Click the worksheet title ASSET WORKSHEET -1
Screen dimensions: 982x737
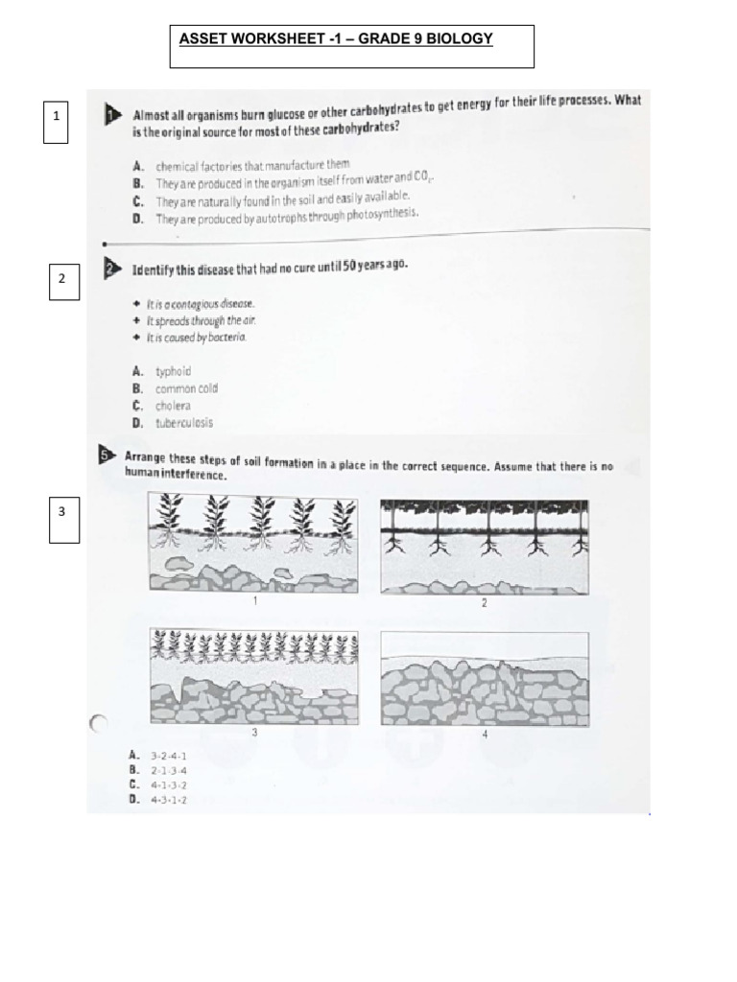click(336, 39)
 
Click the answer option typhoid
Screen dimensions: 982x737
click(173, 371)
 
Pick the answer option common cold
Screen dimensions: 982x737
click(186, 388)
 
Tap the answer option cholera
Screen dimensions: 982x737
click(173, 406)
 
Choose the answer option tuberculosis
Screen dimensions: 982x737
click(184, 423)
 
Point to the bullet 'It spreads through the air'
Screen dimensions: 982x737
click(202, 320)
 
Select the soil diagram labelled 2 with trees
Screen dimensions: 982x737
click(484, 546)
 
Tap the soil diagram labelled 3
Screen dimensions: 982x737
click(254, 676)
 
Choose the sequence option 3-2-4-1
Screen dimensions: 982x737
click(168, 756)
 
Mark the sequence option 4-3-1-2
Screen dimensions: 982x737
click(168, 800)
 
